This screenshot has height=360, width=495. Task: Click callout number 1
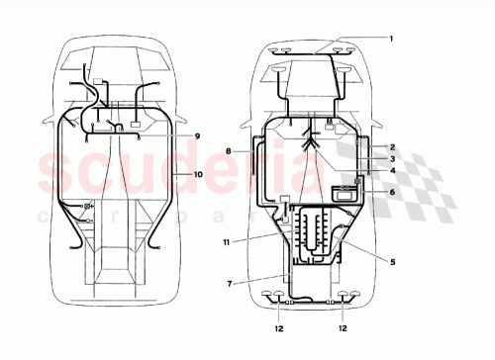pyautogui.click(x=391, y=39)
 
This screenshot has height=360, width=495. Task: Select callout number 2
pyautogui.click(x=391, y=145)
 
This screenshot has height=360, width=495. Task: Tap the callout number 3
pyautogui.click(x=391, y=158)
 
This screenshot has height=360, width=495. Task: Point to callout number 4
pyautogui.click(x=391, y=171)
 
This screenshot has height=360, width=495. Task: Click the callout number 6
pyautogui.click(x=391, y=193)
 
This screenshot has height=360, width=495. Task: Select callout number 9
pyautogui.click(x=196, y=135)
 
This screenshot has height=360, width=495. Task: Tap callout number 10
pyautogui.click(x=196, y=174)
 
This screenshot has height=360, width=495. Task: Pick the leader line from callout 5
pyautogui.click(x=366, y=252)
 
